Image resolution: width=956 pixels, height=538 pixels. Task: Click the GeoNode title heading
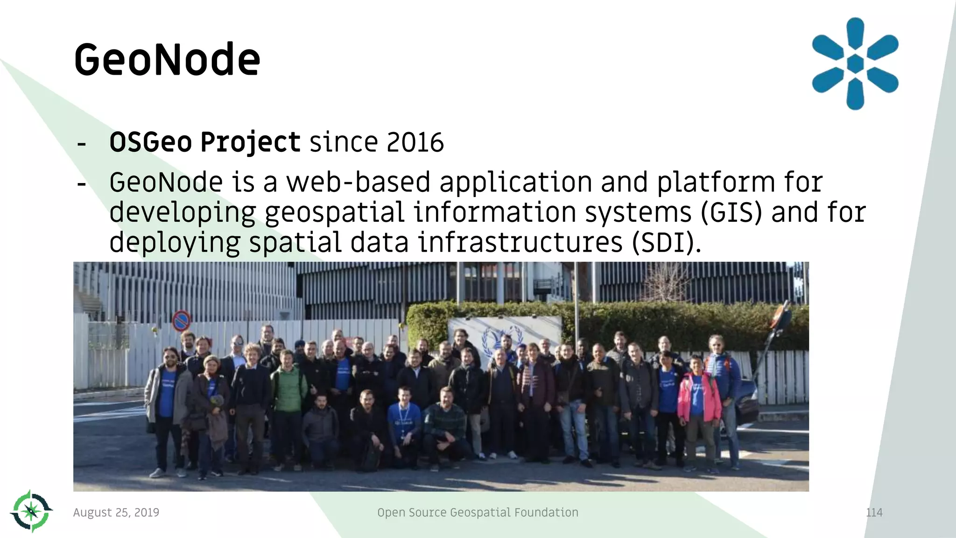pos(167,60)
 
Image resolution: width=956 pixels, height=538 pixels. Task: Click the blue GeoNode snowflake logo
pos(855,64)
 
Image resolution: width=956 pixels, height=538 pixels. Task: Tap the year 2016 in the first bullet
pos(415,142)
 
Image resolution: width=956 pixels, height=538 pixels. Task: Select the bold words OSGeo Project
pos(204,142)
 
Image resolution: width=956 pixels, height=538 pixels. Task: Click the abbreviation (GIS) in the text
pos(731,212)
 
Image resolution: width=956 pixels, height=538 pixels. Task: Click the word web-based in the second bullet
pos(358,182)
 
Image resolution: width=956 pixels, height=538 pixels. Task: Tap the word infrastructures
pos(520,243)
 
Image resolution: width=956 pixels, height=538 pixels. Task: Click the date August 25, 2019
pos(116,513)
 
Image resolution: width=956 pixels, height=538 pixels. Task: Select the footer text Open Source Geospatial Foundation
pos(478,513)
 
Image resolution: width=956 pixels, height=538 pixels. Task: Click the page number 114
pos(874,513)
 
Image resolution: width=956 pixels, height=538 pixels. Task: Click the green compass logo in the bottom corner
pos(31,511)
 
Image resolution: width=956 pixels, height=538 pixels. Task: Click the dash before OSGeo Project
pos(82,144)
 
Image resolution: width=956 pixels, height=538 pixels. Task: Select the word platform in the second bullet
pos(716,182)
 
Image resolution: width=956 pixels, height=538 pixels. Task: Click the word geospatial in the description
pos(334,212)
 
